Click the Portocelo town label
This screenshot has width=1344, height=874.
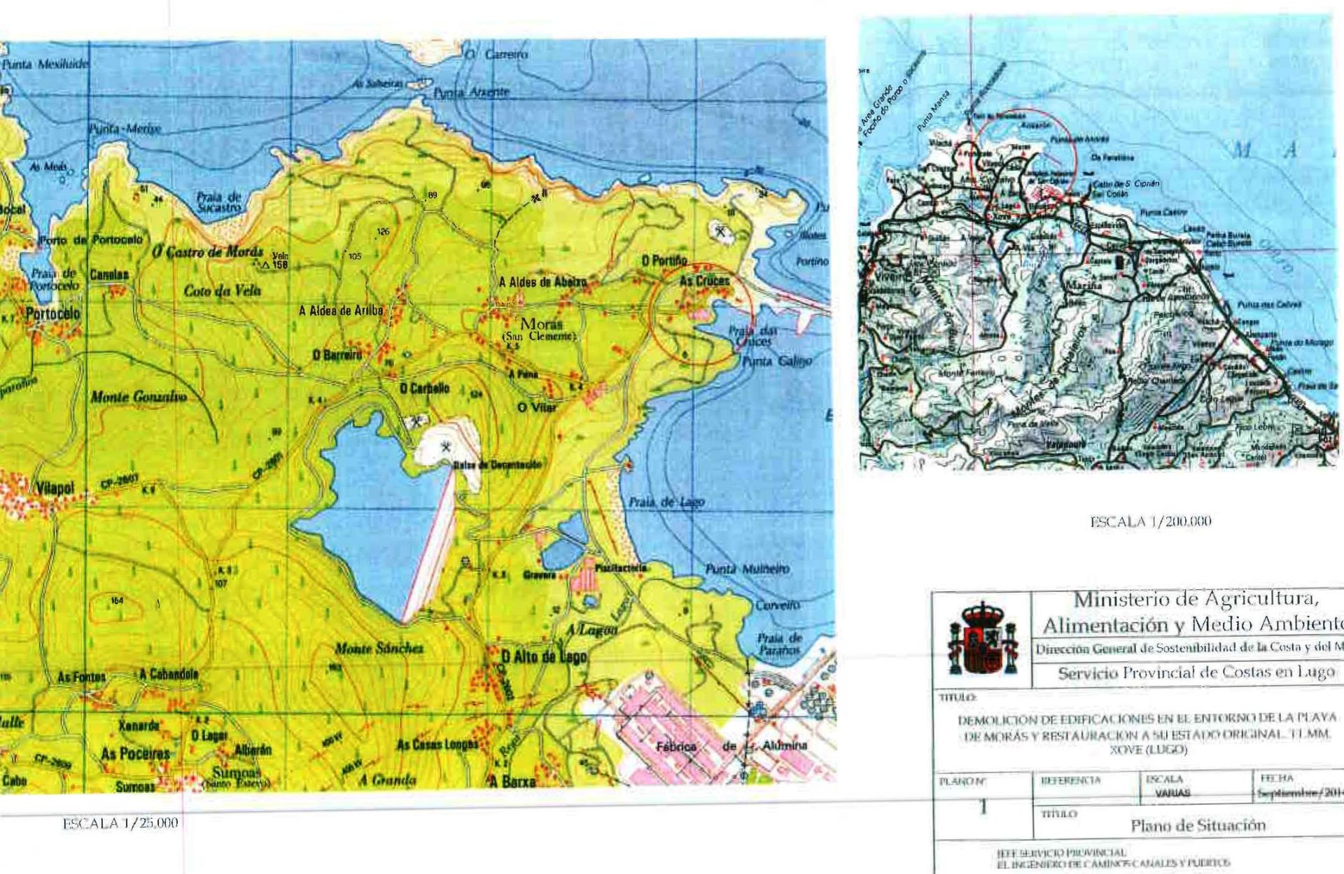click(52, 313)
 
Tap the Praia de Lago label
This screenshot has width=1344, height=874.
click(666, 502)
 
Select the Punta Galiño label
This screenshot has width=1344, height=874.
click(776, 361)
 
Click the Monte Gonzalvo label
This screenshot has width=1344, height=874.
click(139, 397)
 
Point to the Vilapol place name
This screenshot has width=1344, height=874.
click(55, 488)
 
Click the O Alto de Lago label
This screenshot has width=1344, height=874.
click(544, 656)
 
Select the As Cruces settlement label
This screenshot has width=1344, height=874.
click(704, 281)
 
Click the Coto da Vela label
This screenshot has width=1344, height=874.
click(222, 290)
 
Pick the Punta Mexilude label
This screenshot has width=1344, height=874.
click(45, 64)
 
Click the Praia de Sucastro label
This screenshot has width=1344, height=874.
click(218, 202)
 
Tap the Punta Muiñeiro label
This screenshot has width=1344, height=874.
click(747, 569)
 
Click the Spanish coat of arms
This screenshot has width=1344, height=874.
click(982, 637)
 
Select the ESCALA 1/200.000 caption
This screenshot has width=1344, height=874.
click(1150, 521)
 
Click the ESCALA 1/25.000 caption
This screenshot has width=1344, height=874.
click(120, 823)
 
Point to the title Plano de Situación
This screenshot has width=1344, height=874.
click(1198, 825)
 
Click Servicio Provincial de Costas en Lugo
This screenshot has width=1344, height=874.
click(1195, 673)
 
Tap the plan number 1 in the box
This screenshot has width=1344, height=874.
click(983, 807)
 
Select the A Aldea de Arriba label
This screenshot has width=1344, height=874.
click(341, 311)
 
